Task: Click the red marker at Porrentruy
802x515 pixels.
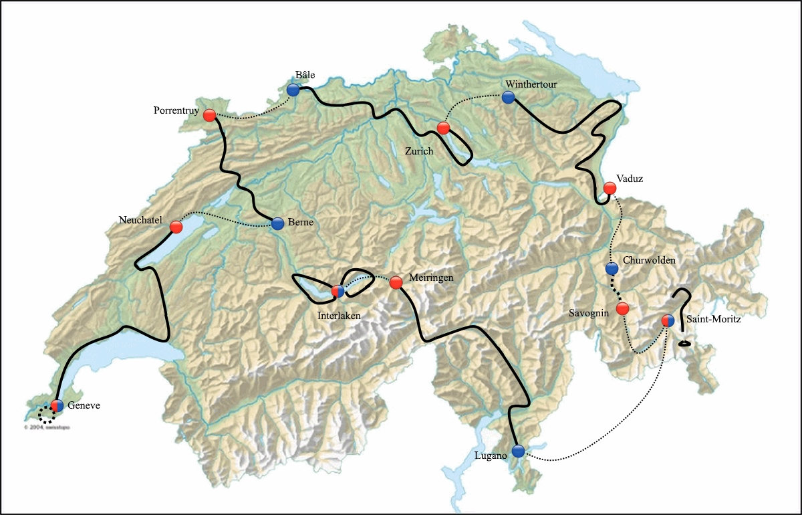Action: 209,115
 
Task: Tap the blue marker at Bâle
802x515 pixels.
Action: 293,90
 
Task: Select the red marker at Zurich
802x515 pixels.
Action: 442,128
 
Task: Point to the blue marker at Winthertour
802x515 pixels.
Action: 508,98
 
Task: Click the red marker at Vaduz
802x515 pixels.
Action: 610,188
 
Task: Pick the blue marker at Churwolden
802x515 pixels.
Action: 612,269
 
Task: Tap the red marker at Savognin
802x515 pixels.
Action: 622,308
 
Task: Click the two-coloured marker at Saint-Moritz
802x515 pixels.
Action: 668,320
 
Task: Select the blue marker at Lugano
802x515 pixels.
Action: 518,451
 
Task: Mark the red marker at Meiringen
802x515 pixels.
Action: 396,282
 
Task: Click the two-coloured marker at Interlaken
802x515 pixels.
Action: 338,291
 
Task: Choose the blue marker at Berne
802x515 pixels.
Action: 278,223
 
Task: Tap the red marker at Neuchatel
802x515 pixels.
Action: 176,227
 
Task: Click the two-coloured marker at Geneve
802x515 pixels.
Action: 57,405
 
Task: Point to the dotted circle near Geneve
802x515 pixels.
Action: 46,415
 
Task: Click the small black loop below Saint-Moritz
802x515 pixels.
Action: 685,344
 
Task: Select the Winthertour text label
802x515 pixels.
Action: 531,84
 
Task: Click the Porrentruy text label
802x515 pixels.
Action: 176,111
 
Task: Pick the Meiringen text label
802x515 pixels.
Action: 430,278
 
